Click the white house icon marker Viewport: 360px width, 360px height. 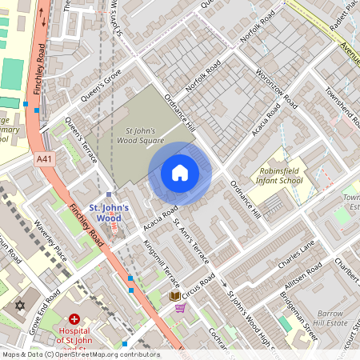[x=180, y=173]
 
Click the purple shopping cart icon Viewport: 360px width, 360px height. [x=181, y=307]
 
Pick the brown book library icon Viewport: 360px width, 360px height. [x=174, y=296]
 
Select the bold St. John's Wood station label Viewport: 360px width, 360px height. [x=106, y=213]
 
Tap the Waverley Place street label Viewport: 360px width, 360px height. [x=50, y=242]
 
